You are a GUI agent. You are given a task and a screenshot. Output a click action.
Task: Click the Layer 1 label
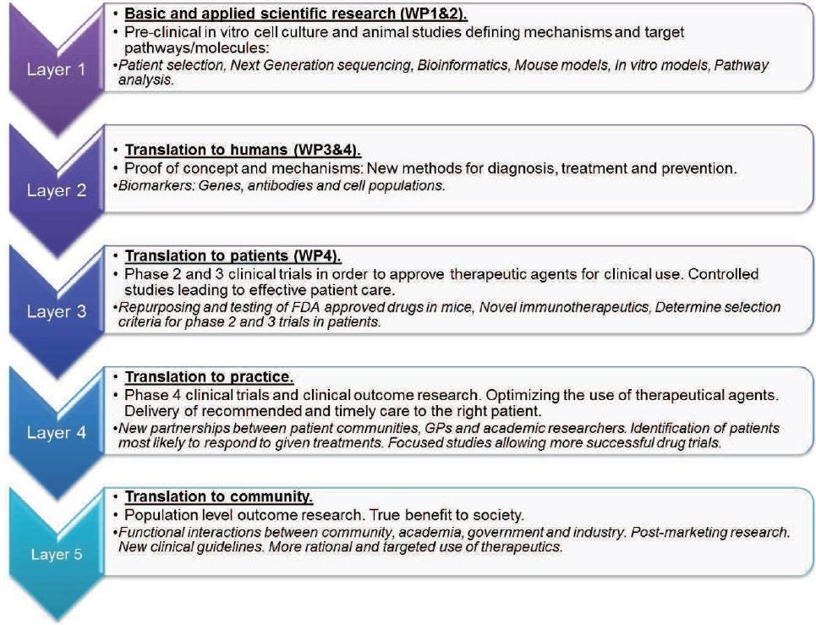(x=56, y=69)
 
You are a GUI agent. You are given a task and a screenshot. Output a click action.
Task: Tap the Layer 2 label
(x=56, y=190)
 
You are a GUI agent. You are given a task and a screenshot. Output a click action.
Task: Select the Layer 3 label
(x=56, y=311)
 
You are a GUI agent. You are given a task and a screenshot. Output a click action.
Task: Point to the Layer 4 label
(x=56, y=433)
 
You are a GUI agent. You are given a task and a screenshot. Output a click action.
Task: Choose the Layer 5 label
(x=56, y=555)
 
